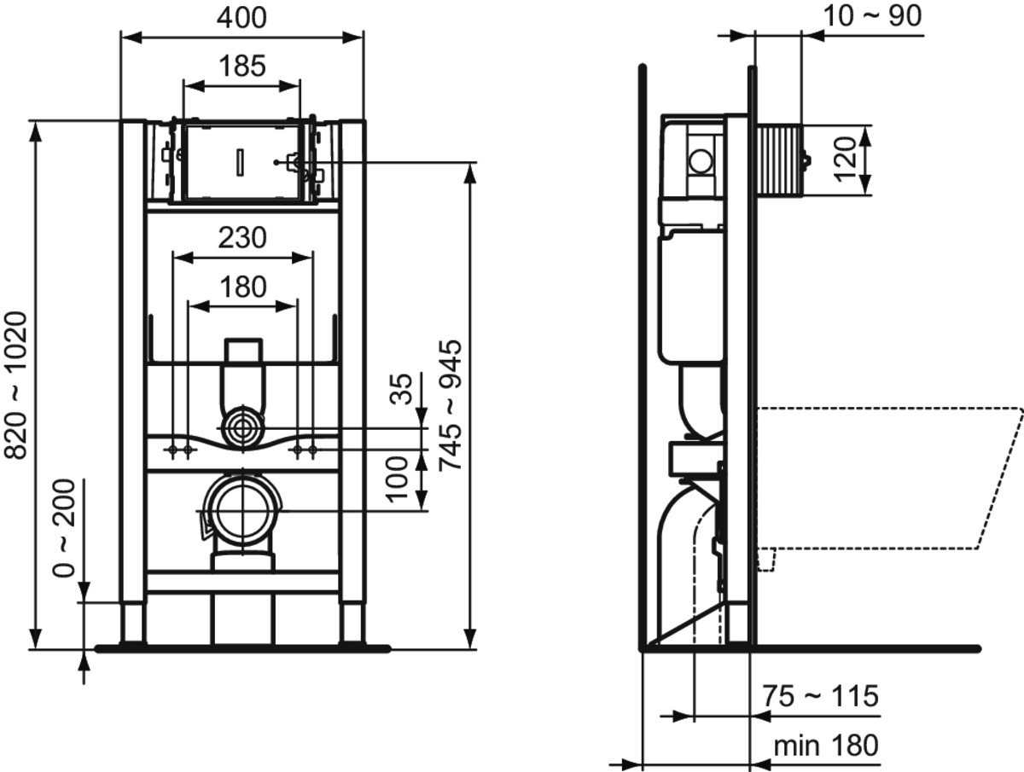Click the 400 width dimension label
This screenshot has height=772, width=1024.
pyautogui.click(x=241, y=18)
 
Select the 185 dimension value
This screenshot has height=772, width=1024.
pyautogui.click(x=242, y=66)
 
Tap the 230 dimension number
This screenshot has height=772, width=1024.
pyautogui.click(x=242, y=238)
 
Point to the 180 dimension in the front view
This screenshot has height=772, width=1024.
pyautogui.click(x=243, y=287)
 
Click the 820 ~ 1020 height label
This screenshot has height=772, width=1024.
pyautogui.click(x=16, y=386)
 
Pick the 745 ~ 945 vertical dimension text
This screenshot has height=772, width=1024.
pyautogui.click(x=451, y=405)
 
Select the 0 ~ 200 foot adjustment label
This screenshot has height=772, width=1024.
pyautogui.click(x=63, y=528)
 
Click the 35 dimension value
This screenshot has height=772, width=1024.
pyautogui.click(x=401, y=389)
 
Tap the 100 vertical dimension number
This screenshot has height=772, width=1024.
pyautogui.click(x=398, y=479)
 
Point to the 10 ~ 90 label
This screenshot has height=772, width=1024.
pyautogui.click(x=872, y=16)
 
